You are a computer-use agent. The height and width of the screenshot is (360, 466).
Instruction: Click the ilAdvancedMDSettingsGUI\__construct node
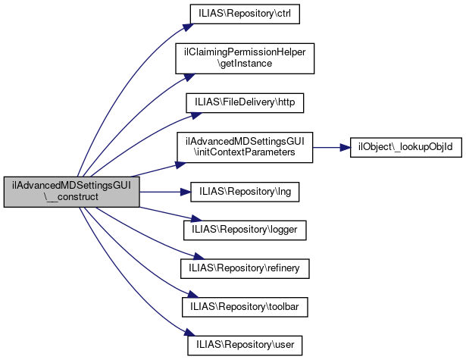coord(71,193)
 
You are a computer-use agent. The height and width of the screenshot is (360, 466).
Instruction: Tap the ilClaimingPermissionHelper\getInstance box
coord(245,58)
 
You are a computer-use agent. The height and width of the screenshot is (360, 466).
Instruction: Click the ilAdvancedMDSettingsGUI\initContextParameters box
coord(245,147)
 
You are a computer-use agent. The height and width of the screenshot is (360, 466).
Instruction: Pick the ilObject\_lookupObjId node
coord(406,147)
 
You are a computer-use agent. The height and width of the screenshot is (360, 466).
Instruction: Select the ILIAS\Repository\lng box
coord(245,193)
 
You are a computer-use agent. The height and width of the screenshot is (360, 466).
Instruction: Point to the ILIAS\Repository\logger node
coord(245,227)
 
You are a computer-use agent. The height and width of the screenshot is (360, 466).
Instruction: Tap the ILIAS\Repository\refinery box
coord(245,268)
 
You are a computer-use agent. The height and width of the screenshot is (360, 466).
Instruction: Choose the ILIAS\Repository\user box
coord(245,346)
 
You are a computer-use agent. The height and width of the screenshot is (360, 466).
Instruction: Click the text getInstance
coord(245,64)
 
